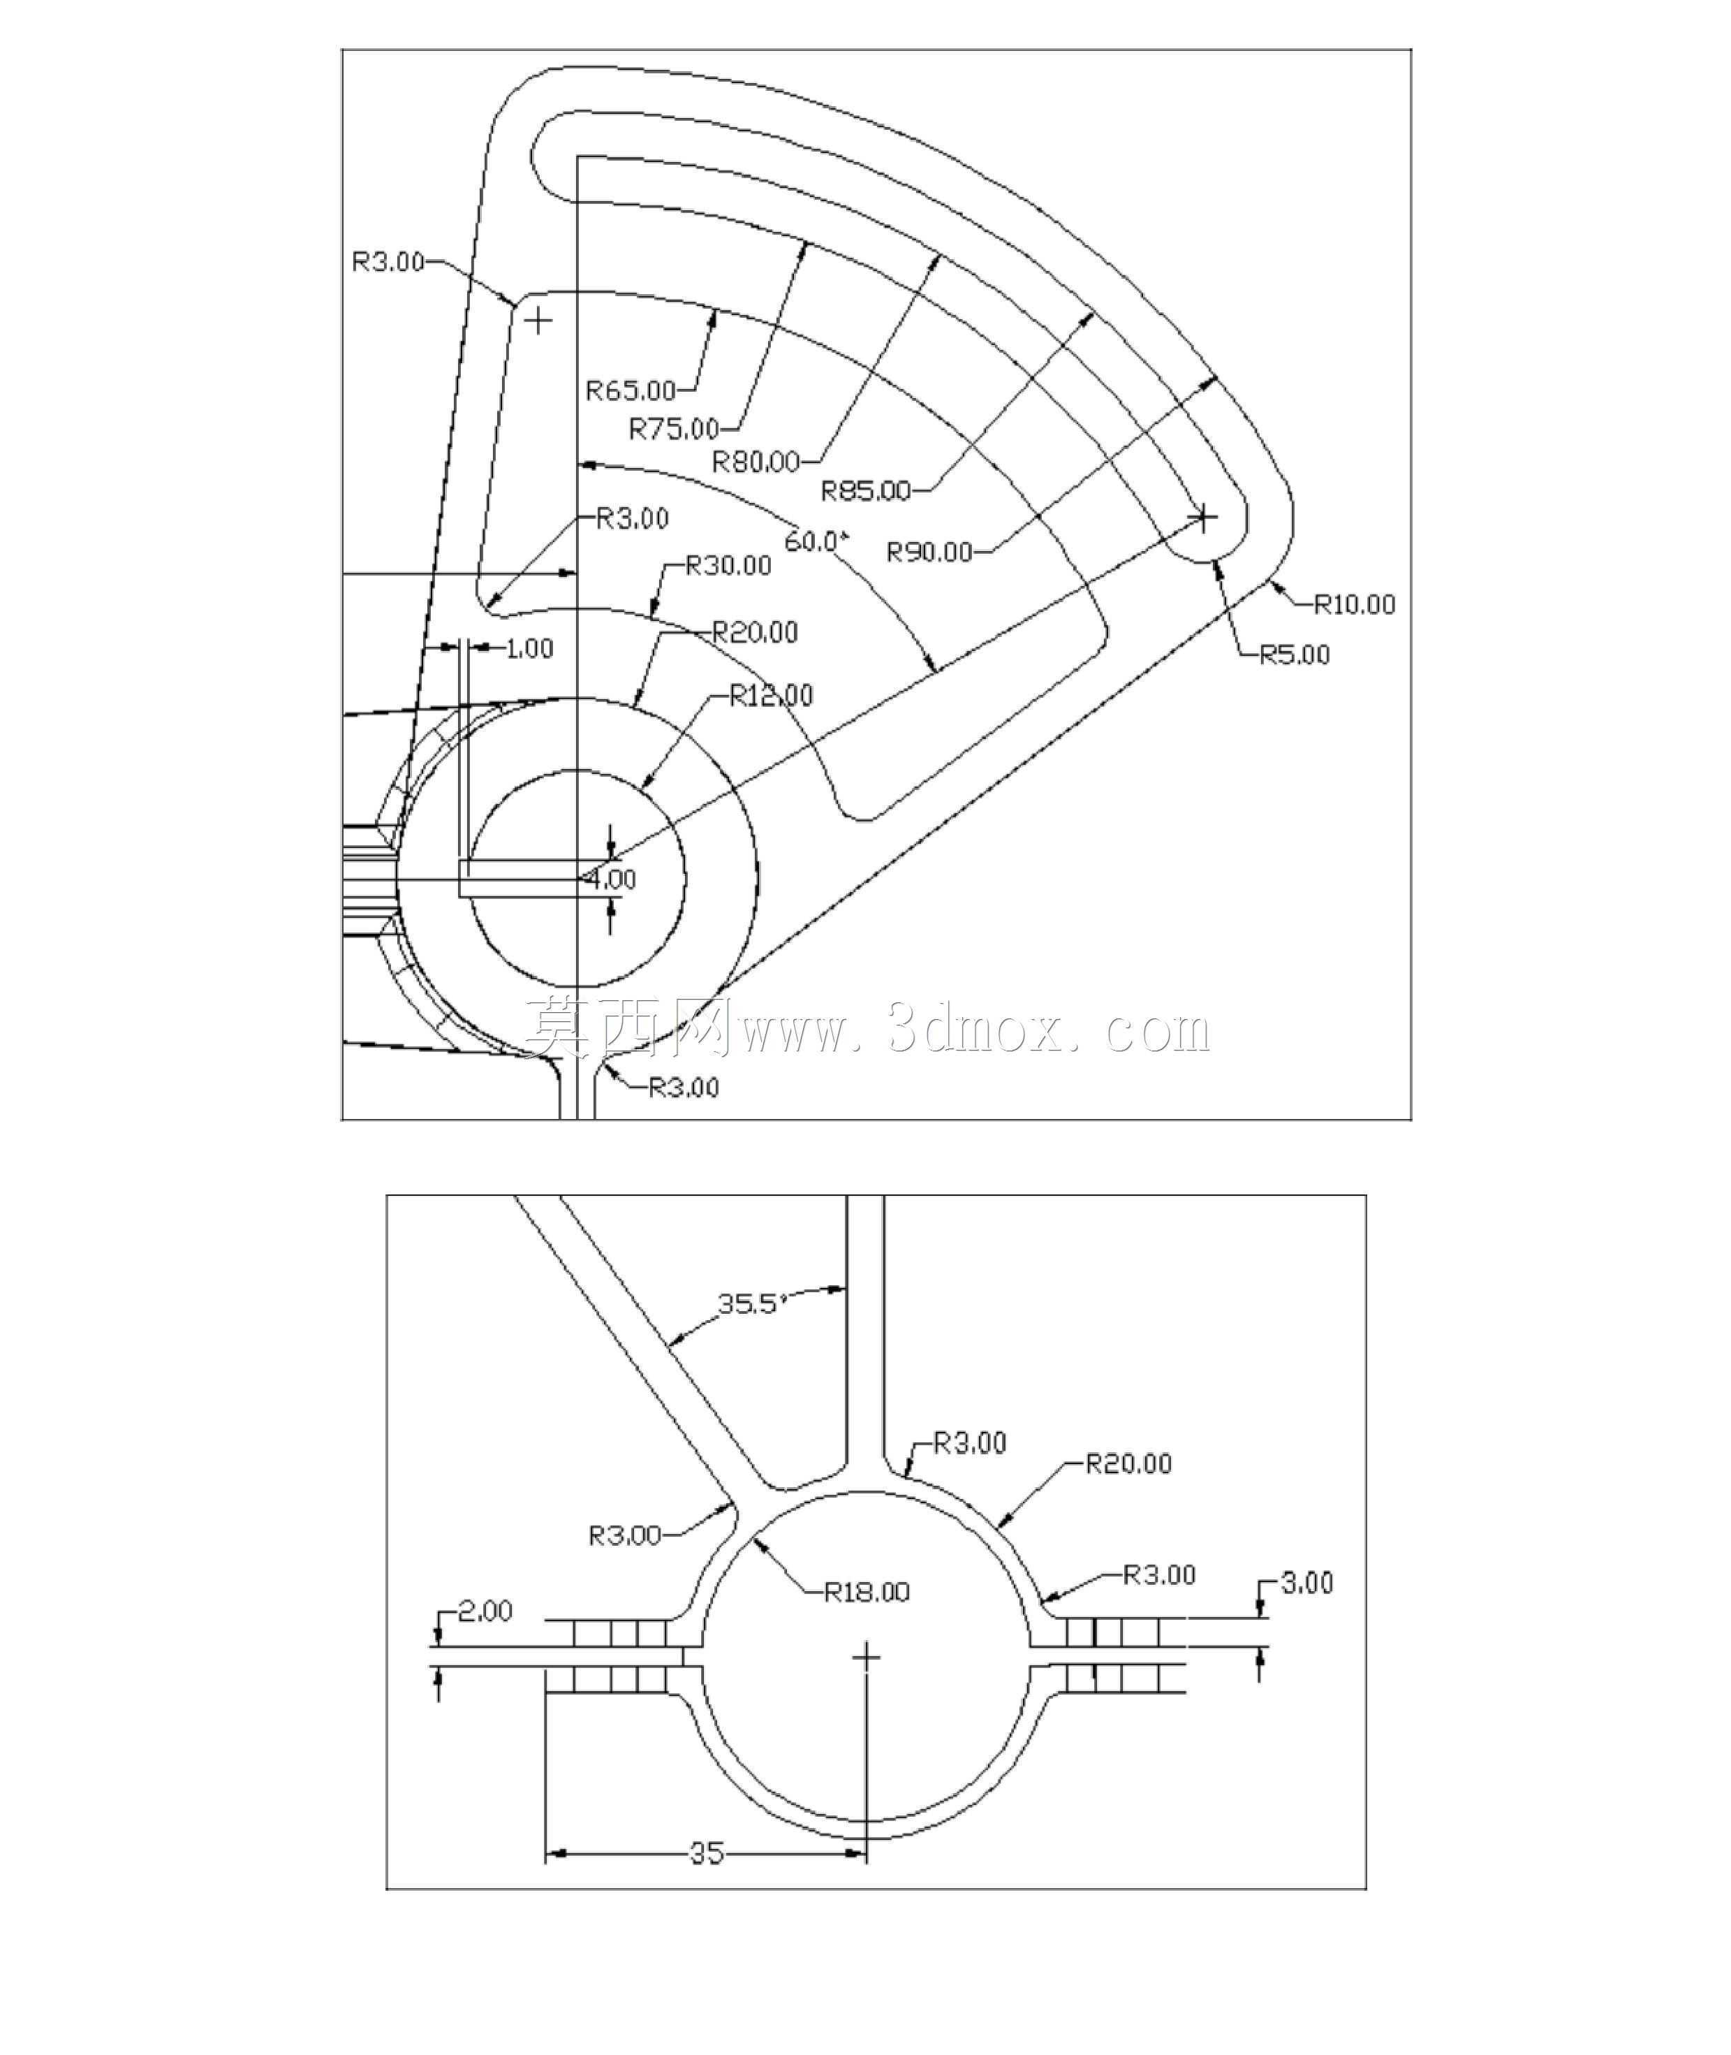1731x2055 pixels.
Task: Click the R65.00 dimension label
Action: coord(631,390)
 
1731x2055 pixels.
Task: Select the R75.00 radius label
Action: coord(674,428)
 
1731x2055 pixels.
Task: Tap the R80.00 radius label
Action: coord(756,460)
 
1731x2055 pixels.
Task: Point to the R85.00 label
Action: coord(867,490)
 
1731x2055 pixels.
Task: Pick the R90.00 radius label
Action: coord(930,553)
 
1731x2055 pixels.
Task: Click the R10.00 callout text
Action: coord(1354,604)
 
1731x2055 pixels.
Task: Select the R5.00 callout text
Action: coord(1295,654)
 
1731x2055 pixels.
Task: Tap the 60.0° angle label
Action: coord(816,541)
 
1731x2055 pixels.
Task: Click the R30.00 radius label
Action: coord(728,565)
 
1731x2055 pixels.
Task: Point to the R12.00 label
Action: coord(772,696)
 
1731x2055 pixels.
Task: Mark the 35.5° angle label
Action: coord(753,1303)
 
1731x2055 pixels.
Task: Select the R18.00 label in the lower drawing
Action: coord(867,1590)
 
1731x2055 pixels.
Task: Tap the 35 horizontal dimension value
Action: coord(707,1853)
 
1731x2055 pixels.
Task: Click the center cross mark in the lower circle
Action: coord(867,1658)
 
